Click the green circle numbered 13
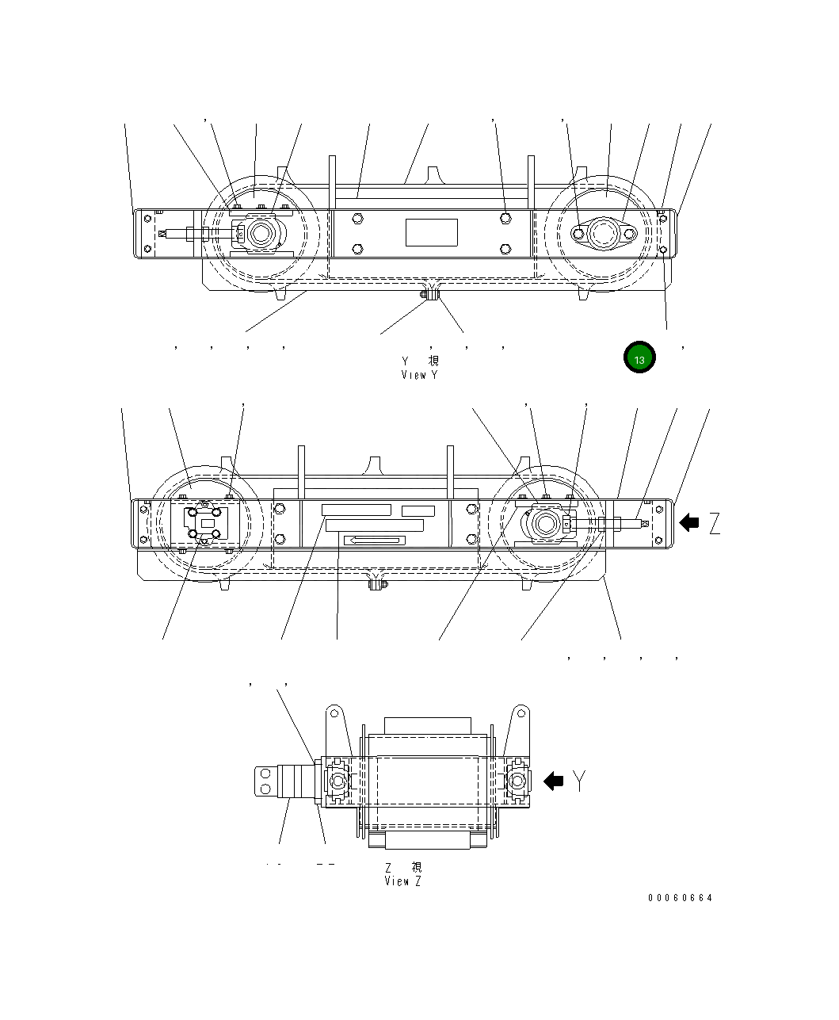[639, 357]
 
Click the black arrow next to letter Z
[689, 522]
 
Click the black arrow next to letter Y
[553, 781]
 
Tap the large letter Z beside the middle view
[715, 523]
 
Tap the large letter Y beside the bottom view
[581, 781]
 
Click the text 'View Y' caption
[419, 375]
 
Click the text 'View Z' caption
[402, 881]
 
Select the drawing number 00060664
[680, 898]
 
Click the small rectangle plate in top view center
[432, 232]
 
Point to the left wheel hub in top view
[260, 234]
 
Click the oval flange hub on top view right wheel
[604, 234]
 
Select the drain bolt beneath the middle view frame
[377, 585]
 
